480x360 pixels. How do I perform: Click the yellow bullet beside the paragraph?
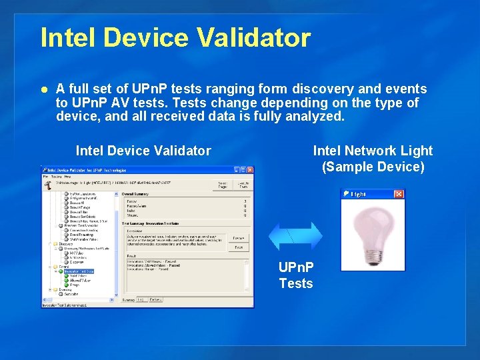tap(44, 89)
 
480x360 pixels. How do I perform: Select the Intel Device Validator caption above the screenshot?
tap(143, 151)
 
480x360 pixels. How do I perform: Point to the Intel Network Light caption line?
tap(373, 151)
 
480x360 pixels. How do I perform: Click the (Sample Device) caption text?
tap(373, 167)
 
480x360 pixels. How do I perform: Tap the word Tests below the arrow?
tap(295, 284)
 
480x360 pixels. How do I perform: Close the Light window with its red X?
tap(399, 194)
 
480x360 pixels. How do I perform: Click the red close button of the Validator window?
tap(249, 170)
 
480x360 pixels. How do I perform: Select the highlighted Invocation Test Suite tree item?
tap(79, 271)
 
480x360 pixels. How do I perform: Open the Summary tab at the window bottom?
tap(129, 299)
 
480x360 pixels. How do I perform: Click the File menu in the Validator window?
tap(47, 176)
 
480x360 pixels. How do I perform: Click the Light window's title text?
tap(358, 194)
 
